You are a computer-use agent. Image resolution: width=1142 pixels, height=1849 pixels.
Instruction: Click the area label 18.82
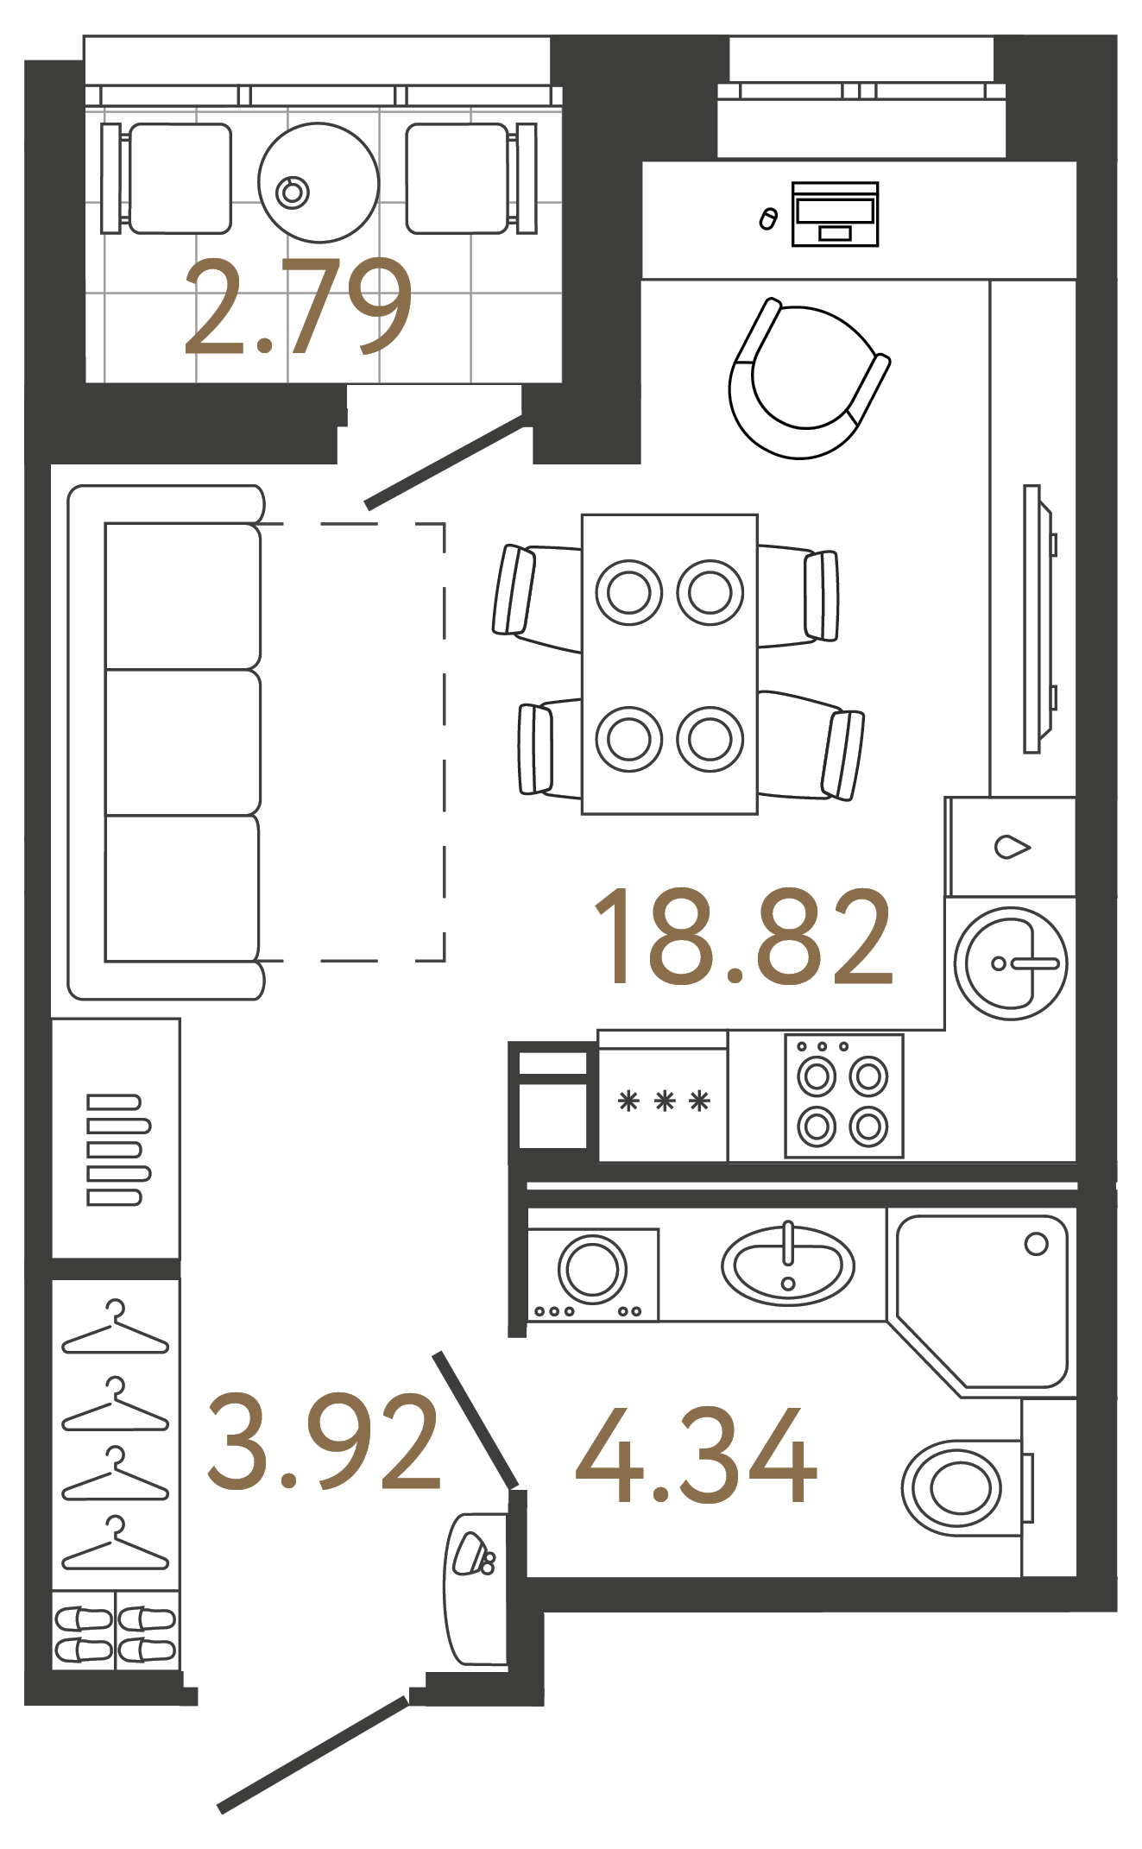(x=742, y=937)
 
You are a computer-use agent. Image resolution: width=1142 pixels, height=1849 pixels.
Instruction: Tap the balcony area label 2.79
(x=297, y=307)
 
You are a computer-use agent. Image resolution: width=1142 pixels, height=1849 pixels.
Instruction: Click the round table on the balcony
(x=319, y=182)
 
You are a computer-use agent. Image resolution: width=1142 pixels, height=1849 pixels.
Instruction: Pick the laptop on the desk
(x=835, y=213)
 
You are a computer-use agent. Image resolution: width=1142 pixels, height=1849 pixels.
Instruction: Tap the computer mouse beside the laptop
(x=767, y=219)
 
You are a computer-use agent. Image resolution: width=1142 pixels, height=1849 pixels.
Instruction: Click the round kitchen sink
(x=1010, y=963)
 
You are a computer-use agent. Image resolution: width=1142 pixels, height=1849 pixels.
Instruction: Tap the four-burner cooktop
(x=843, y=1096)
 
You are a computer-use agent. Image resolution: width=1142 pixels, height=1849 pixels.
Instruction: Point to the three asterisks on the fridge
(x=664, y=1101)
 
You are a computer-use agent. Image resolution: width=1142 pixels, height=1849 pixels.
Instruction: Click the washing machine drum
(x=592, y=1269)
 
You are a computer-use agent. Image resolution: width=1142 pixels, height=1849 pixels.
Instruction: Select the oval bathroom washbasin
(x=787, y=1265)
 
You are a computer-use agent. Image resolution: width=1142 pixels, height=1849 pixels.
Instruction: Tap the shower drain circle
(x=1036, y=1244)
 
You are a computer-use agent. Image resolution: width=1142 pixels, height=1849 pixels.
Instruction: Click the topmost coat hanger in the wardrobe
(x=115, y=1330)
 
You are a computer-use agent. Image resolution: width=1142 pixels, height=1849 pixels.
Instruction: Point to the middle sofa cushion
(x=182, y=742)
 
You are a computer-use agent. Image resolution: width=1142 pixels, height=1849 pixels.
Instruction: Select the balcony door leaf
(x=445, y=464)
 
